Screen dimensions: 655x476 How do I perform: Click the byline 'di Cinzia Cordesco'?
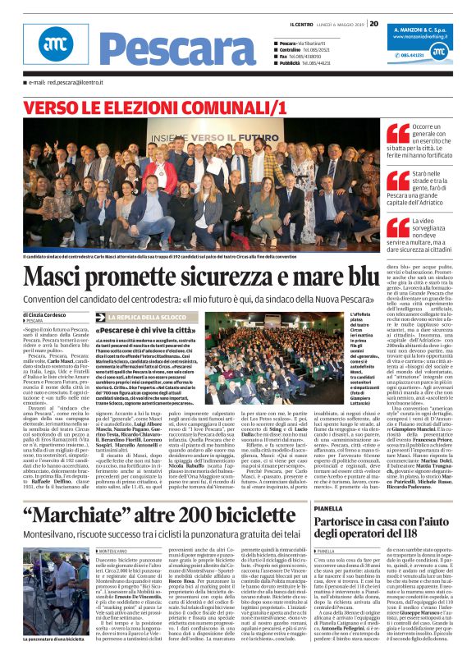[46, 314]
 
